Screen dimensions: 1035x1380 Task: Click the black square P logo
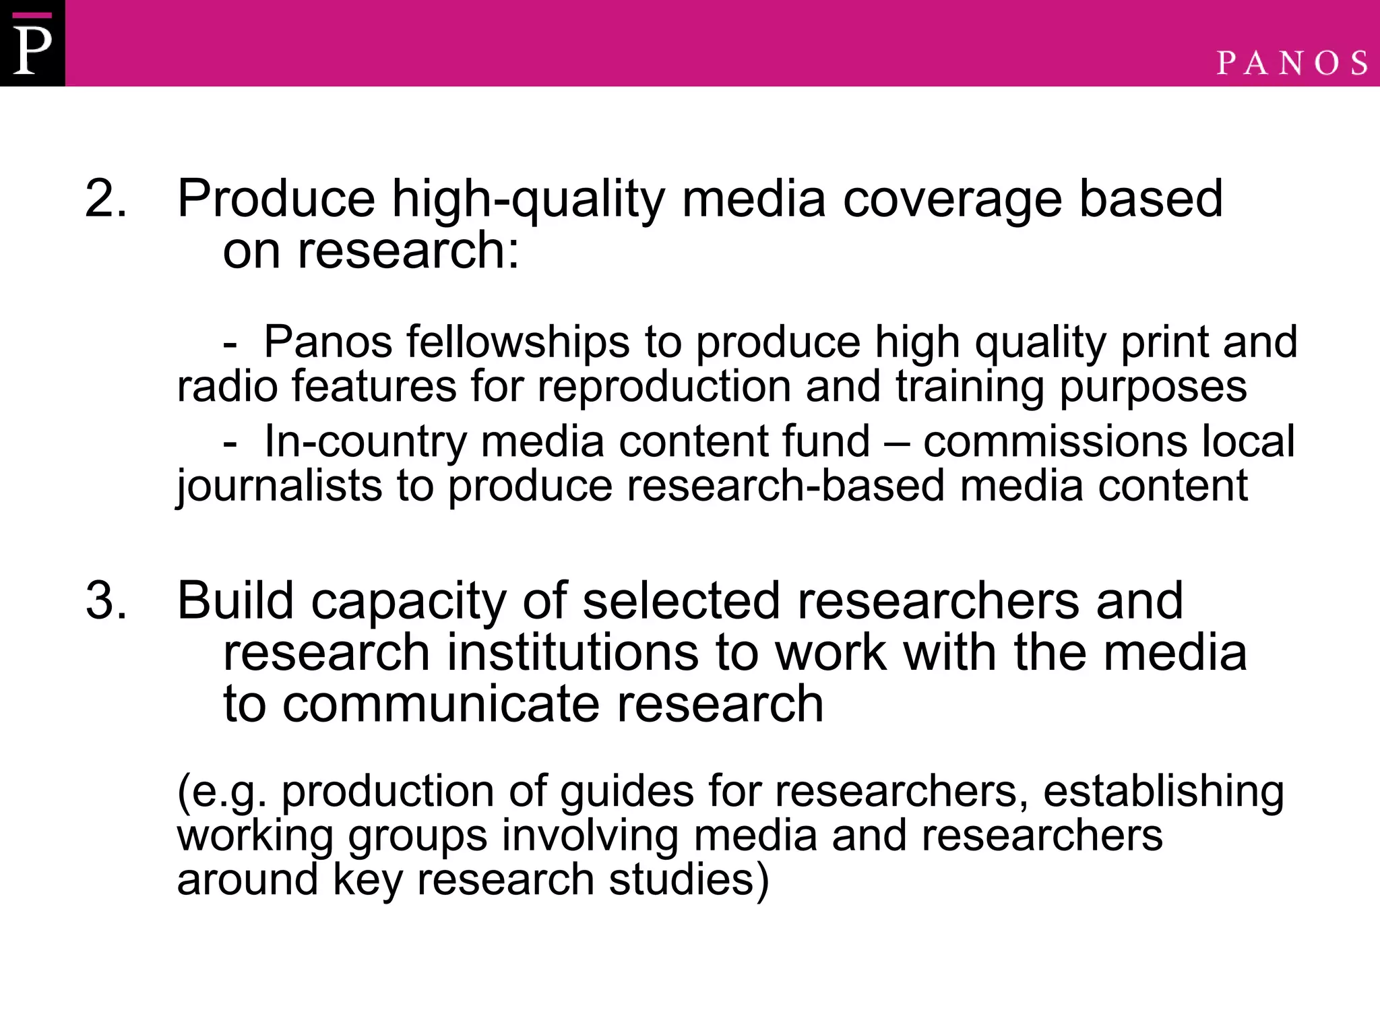pos(32,43)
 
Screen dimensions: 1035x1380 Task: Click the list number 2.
pos(105,199)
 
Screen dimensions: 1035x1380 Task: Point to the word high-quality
pos(528,200)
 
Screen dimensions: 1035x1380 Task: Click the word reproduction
pos(664,387)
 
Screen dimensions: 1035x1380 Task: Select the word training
pos(970,387)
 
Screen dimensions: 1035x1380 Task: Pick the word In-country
pos(365,442)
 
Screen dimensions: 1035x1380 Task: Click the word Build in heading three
pos(235,600)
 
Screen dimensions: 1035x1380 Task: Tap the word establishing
pos(1163,792)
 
